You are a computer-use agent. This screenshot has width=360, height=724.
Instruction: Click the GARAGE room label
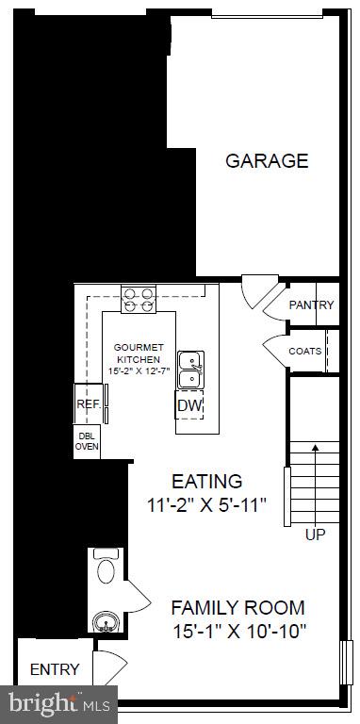(266, 160)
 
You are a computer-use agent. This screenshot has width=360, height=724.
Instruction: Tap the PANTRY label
(311, 304)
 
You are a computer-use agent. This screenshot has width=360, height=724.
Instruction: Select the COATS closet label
(304, 351)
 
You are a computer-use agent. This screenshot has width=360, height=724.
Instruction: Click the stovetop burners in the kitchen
(139, 300)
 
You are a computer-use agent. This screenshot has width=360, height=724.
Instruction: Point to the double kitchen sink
(189, 370)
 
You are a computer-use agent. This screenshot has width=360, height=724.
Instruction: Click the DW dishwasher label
(188, 406)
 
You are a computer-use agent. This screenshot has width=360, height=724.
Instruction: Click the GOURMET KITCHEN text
(138, 353)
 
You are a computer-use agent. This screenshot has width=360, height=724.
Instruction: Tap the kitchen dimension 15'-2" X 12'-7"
(138, 371)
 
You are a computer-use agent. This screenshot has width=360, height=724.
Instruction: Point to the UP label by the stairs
(315, 535)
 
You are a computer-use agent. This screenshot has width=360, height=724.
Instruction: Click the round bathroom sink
(104, 621)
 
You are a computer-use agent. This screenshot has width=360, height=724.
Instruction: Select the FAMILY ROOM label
(237, 607)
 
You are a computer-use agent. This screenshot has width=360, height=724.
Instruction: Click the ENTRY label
(55, 669)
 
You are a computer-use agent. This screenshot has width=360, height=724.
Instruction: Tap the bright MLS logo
(58, 702)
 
